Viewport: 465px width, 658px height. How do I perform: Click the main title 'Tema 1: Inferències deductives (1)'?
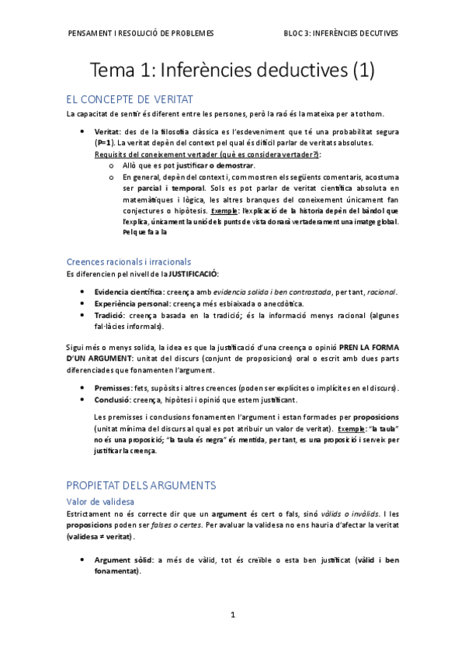pyautogui.click(x=233, y=71)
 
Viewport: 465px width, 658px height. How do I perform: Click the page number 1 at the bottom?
pyautogui.click(x=233, y=615)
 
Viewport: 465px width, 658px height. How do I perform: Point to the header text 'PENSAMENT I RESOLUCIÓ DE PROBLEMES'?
pyautogui.click(x=141, y=33)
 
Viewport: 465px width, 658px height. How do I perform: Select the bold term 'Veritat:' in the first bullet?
pyautogui.click(x=107, y=133)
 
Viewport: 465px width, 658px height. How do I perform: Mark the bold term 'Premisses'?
pyautogui.click(x=113, y=388)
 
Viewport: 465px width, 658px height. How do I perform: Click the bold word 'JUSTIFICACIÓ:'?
pyautogui.click(x=194, y=274)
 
